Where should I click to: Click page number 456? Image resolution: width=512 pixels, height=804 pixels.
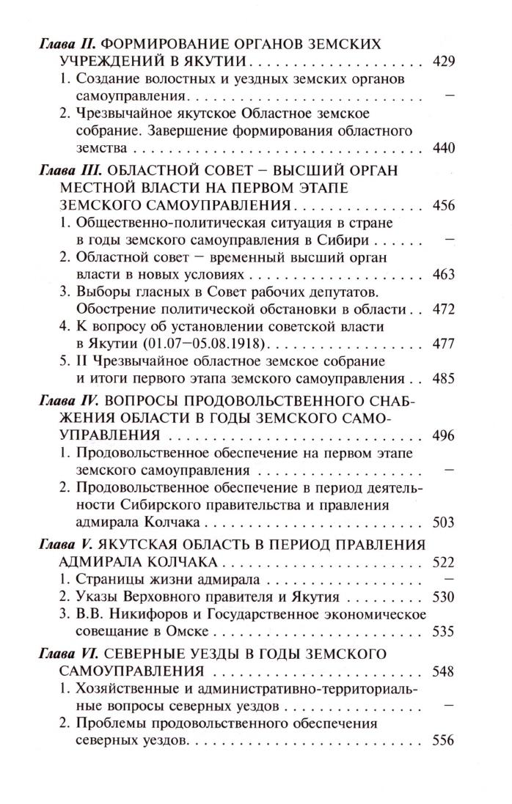click(x=445, y=205)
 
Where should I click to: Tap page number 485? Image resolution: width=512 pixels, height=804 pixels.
click(x=445, y=379)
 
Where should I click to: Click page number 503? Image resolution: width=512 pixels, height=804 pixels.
click(x=445, y=523)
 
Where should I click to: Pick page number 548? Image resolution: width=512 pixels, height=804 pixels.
click(x=445, y=671)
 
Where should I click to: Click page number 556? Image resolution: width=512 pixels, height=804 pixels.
click(x=445, y=740)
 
